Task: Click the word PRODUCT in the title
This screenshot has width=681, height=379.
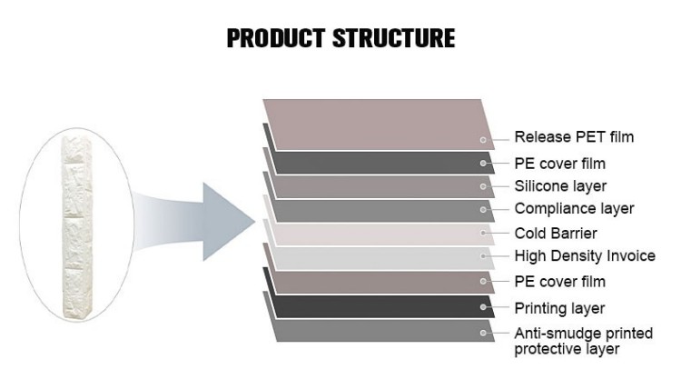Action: tap(276, 38)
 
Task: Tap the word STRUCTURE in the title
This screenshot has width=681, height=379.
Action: tap(394, 38)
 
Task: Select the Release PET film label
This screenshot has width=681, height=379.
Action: tap(574, 137)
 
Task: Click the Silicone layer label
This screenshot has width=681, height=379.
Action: tap(560, 186)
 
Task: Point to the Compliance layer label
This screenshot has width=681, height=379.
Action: tap(574, 209)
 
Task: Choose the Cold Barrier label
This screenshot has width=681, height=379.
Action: tap(556, 234)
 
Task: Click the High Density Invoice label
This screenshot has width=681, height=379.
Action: tap(585, 256)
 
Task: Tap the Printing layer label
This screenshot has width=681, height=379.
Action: tap(559, 309)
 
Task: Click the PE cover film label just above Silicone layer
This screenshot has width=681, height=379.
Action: tap(560, 164)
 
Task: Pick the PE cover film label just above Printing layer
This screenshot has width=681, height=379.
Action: tap(560, 282)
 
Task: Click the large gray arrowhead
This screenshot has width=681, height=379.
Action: tap(228, 222)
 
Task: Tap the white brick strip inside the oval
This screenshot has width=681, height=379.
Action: tap(77, 226)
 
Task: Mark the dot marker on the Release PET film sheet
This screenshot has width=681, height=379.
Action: tap(483, 140)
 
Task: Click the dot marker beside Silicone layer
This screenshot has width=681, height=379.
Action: tap(483, 186)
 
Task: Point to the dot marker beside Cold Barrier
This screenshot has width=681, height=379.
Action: tap(483, 233)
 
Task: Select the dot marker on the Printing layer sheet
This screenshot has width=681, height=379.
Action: tap(483, 307)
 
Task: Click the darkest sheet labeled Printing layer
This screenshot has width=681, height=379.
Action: tap(382, 306)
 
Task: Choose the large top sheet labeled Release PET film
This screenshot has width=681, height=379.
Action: tap(378, 125)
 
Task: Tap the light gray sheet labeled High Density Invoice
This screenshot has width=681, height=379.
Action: tap(382, 258)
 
